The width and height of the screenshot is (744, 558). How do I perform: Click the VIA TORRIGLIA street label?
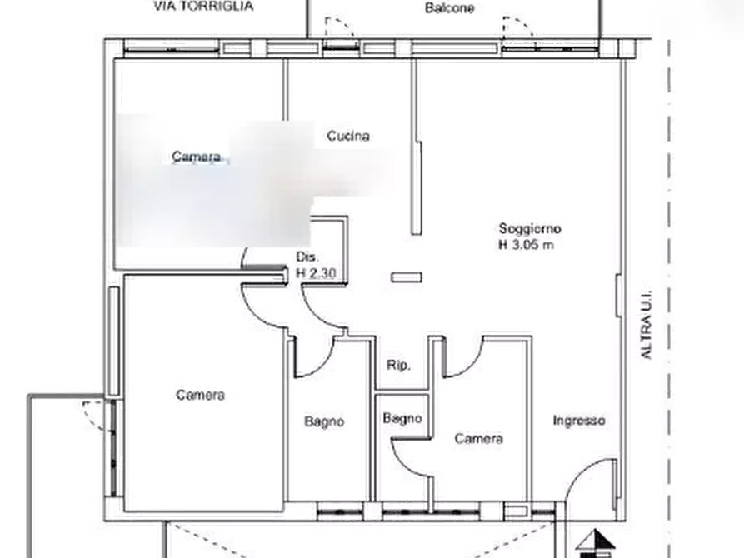click(203, 7)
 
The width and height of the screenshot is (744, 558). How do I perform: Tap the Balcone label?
click(449, 9)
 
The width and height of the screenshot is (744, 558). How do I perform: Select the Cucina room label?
click(347, 136)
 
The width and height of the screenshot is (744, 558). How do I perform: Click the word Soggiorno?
click(530, 228)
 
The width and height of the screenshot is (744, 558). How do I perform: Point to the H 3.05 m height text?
click(527, 245)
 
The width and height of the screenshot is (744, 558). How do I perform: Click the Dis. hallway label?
click(306, 257)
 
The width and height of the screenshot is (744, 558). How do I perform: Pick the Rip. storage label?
click(396, 365)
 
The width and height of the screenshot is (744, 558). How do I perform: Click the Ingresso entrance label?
click(579, 421)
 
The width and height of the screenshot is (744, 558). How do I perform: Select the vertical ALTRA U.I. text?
click(647, 326)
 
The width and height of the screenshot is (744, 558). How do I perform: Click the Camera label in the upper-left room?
click(197, 157)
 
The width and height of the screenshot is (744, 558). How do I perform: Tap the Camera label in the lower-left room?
click(200, 395)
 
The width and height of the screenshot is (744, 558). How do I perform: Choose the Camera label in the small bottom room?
click(478, 438)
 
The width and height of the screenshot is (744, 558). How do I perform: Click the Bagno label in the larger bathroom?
click(324, 423)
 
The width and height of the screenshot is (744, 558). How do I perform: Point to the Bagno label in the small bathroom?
click(402, 419)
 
